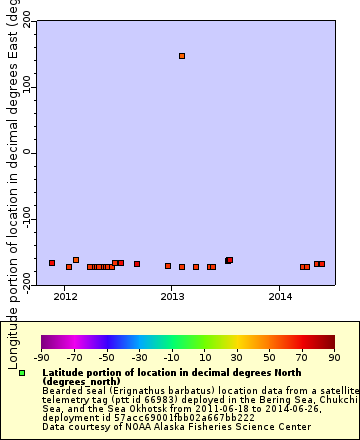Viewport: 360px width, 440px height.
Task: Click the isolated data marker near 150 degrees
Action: tap(182, 56)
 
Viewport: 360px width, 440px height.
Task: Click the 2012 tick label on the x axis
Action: tap(65, 297)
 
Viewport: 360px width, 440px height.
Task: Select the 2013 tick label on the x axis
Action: tap(173, 297)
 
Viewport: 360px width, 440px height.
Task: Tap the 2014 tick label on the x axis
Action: tap(281, 297)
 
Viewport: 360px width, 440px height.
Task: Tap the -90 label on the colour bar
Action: tap(41, 356)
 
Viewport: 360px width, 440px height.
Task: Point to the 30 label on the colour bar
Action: tap(237, 356)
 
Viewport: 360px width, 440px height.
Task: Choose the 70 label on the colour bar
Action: tap(302, 356)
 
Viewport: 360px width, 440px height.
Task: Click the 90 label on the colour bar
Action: tap(334, 356)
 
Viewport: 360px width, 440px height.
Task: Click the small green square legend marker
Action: tap(22, 373)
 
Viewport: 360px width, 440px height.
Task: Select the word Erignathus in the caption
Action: tap(132, 390)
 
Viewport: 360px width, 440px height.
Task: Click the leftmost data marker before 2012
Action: tap(52, 263)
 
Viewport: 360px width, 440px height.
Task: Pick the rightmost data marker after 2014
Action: tap(321, 264)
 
